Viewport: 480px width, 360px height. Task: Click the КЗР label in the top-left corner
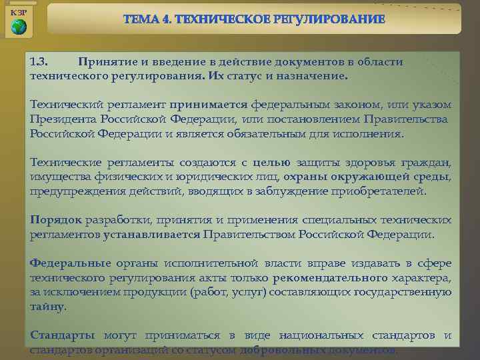click(18, 13)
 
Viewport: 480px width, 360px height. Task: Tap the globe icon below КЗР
click(19, 27)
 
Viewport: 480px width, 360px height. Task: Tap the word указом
click(431, 105)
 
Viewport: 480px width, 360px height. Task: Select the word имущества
click(57, 177)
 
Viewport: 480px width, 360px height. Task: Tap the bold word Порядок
click(56, 220)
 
